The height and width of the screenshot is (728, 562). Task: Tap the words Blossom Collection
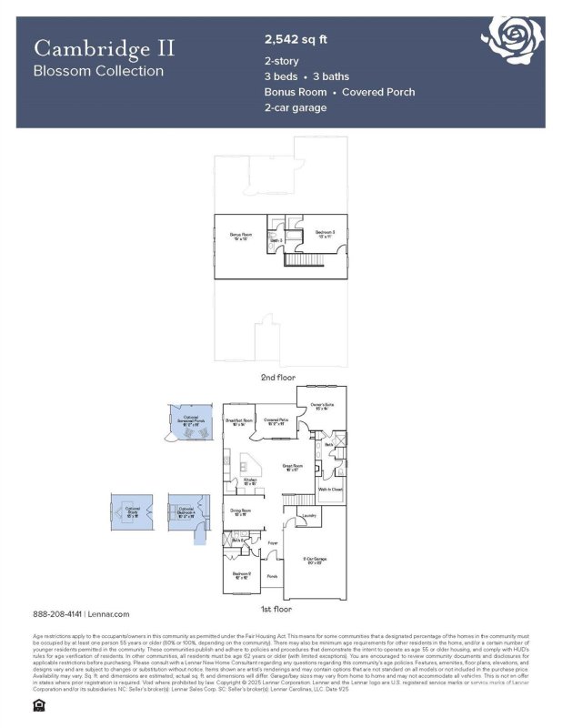98,70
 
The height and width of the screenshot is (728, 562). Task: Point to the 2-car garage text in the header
296,107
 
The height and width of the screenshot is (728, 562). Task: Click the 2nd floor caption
277,376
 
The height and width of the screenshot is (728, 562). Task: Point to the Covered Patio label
276,421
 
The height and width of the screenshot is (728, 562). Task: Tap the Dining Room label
240,512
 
